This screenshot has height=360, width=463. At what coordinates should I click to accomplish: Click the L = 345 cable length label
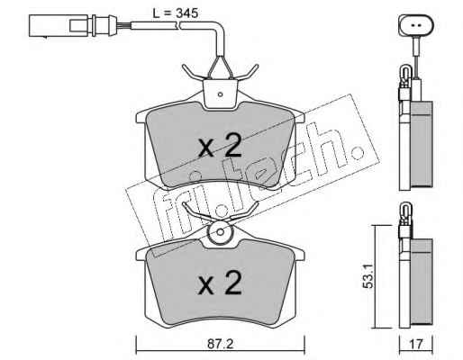point(175,13)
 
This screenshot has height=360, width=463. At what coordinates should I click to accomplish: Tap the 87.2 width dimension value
point(221,344)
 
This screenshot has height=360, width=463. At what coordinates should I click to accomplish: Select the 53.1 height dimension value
point(368,275)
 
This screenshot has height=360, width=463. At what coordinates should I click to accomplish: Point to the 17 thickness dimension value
point(416,344)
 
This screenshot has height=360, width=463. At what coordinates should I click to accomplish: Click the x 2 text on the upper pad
point(220,146)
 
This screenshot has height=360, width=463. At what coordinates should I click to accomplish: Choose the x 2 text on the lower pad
point(220,283)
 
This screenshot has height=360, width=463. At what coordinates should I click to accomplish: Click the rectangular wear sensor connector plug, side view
point(72,26)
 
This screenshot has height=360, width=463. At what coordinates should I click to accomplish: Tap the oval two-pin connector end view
point(416,25)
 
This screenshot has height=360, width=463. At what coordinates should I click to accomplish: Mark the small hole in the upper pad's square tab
point(220,94)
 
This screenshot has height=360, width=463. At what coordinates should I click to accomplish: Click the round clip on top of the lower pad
point(221,232)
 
